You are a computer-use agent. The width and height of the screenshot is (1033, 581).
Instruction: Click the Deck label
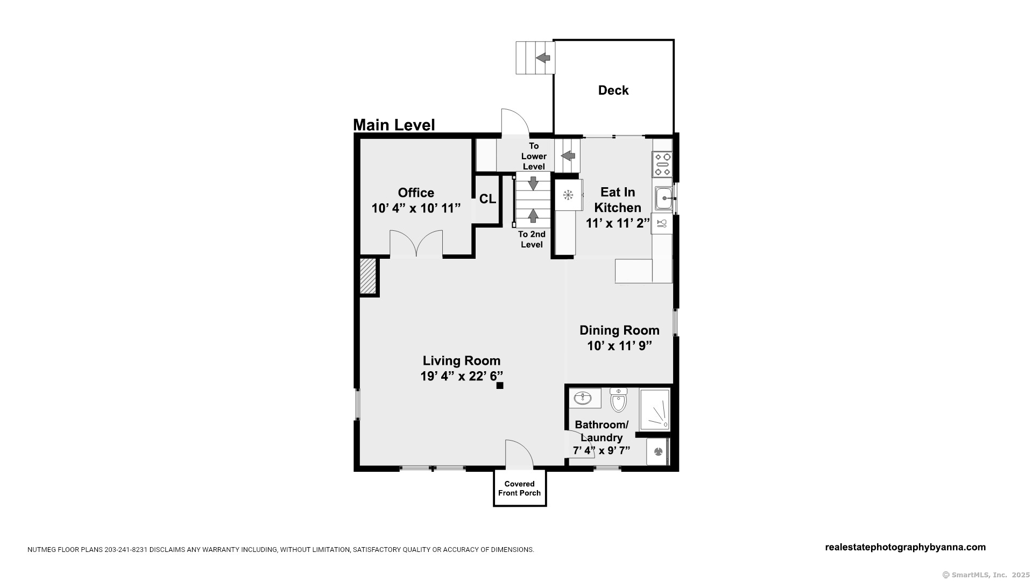tap(613, 90)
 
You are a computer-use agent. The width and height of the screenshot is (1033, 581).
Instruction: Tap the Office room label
tap(416, 193)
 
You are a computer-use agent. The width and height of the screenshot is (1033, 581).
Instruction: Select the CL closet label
tap(487, 199)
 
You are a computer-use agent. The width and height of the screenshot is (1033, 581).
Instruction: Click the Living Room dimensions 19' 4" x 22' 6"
tap(462, 376)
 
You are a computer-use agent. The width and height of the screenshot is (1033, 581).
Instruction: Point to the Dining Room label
tap(619, 330)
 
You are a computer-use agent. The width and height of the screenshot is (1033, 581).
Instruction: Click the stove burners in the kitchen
tap(662, 164)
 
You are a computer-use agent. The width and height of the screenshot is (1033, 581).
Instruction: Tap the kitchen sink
tap(664, 199)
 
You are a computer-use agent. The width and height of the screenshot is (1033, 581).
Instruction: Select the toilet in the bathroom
tap(619, 400)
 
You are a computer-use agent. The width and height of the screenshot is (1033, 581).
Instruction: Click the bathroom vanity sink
tap(583, 398)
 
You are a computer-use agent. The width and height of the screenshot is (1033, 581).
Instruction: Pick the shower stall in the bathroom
tap(655, 409)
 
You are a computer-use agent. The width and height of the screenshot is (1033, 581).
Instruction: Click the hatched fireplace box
tap(368, 277)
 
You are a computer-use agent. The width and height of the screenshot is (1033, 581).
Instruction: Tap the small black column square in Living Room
tap(500, 385)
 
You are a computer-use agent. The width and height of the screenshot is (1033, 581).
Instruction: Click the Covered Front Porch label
tap(520, 488)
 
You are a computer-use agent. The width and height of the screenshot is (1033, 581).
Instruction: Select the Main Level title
tap(394, 125)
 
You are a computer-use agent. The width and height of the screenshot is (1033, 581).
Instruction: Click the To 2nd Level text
tap(532, 239)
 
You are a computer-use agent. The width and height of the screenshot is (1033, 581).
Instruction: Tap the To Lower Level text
tap(534, 156)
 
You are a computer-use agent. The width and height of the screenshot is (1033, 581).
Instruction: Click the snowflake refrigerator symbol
tap(568, 195)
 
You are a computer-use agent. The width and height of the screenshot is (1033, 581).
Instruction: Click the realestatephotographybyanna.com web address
tap(905, 547)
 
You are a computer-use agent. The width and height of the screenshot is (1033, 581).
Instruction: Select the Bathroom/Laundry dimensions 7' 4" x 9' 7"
tap(602, 450)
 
